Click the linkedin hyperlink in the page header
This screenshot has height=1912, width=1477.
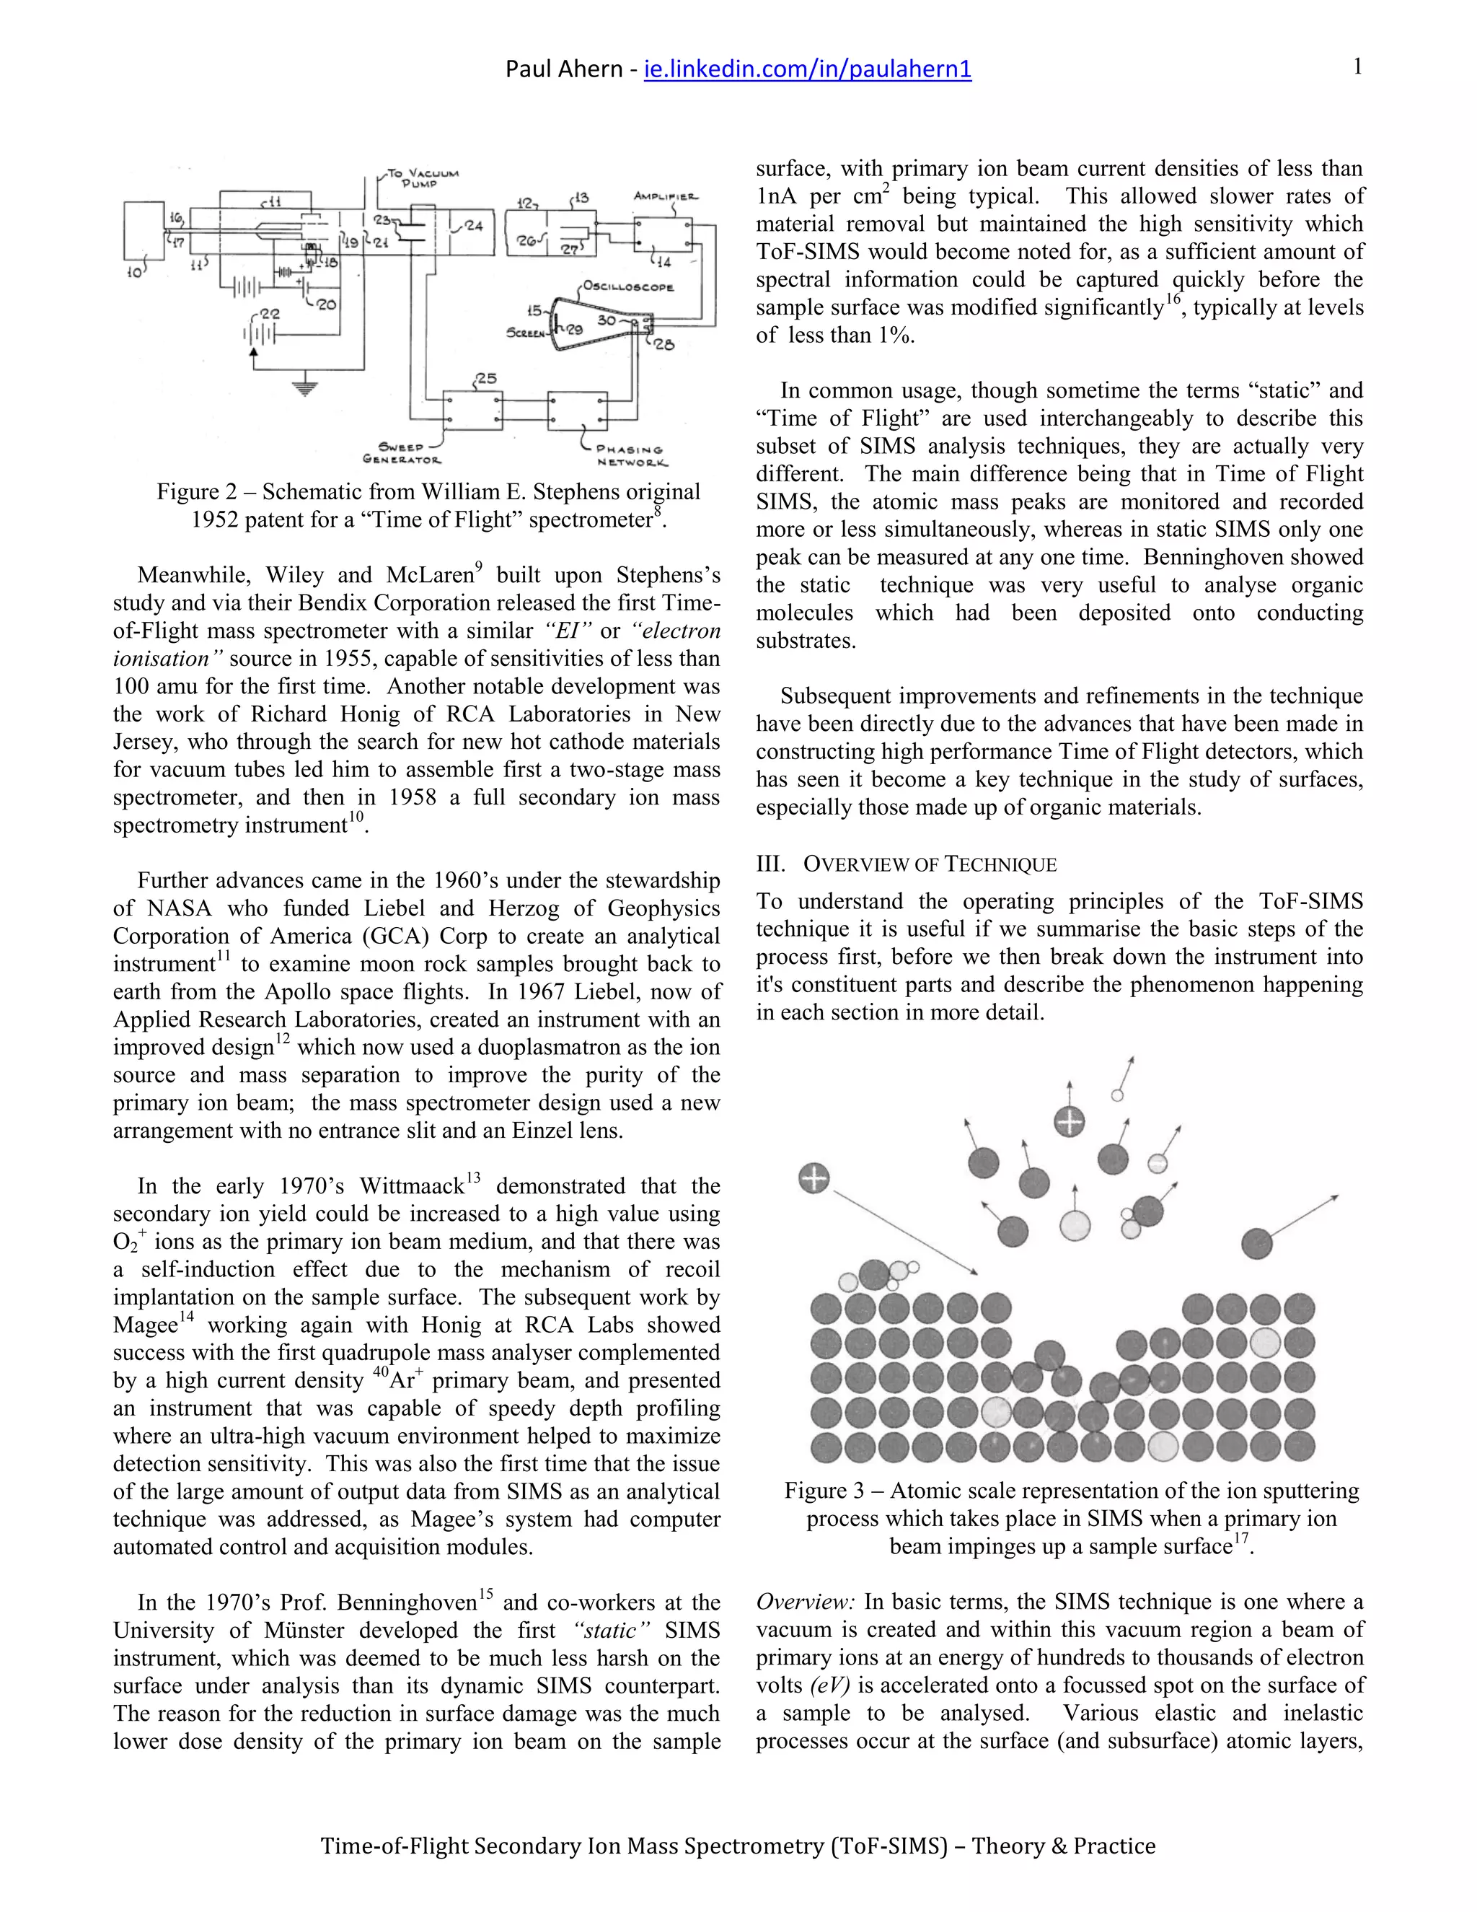tap(807, 69)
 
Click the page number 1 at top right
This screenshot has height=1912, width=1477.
tap(1357, 66)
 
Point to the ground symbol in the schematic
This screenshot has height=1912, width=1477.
tap(304, 387)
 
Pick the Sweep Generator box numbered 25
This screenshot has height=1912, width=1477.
tap(472, 409)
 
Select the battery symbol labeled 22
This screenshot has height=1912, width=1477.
tap(261, 335)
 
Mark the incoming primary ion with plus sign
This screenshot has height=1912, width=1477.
tap(814, 1178)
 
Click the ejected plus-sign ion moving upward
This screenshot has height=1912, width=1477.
tap(1070, 1121)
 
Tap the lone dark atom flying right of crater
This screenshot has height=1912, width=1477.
tap(1256, 1242)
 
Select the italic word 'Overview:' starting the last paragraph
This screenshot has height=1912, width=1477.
tap(805, 1602)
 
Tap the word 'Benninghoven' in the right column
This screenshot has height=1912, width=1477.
tap(1252, 557)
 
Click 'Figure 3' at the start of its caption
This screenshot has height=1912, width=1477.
tap(824, 1490)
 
